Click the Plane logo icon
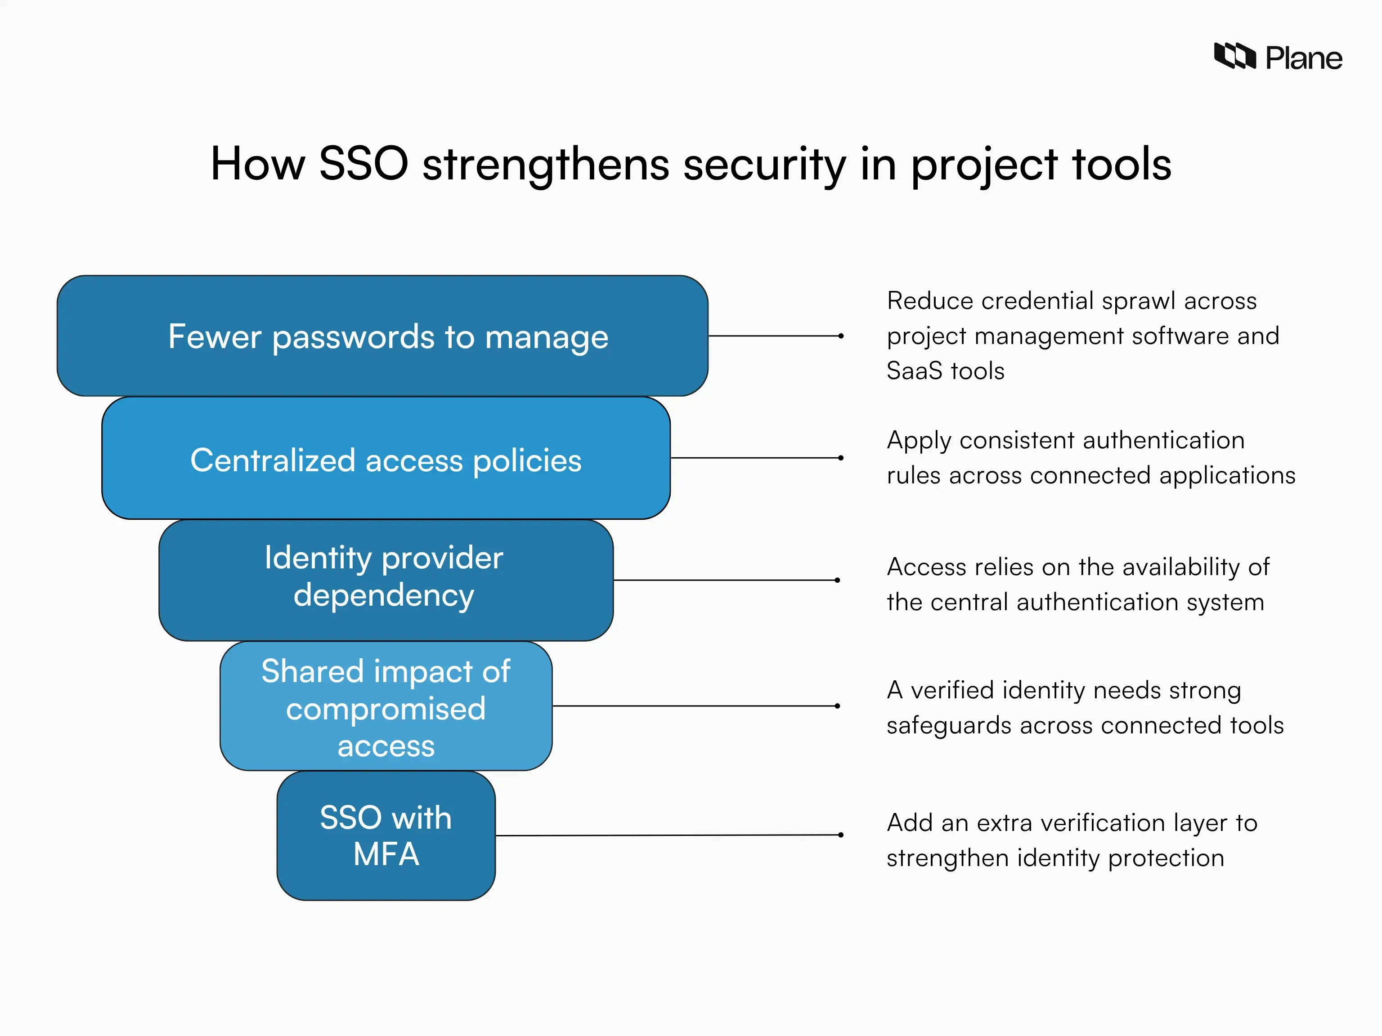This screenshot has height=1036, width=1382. (1234, 56)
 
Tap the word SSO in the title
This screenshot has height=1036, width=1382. (363, 164)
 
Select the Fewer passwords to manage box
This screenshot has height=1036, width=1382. (382, 336)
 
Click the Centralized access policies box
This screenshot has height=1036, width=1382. (386, 458)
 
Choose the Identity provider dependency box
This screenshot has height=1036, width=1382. (386, 580)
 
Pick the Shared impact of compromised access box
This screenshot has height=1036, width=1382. (386, 706)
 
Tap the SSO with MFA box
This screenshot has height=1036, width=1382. (386, 835)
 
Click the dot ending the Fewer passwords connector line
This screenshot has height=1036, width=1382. (841, 336)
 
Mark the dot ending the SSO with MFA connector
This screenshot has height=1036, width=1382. (841, 835)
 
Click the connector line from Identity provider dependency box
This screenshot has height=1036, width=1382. (725, 580)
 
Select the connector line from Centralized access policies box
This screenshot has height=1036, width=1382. (756, 458)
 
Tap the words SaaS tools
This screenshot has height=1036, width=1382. (945, 371)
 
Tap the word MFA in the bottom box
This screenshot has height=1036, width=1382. (386, 854)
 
